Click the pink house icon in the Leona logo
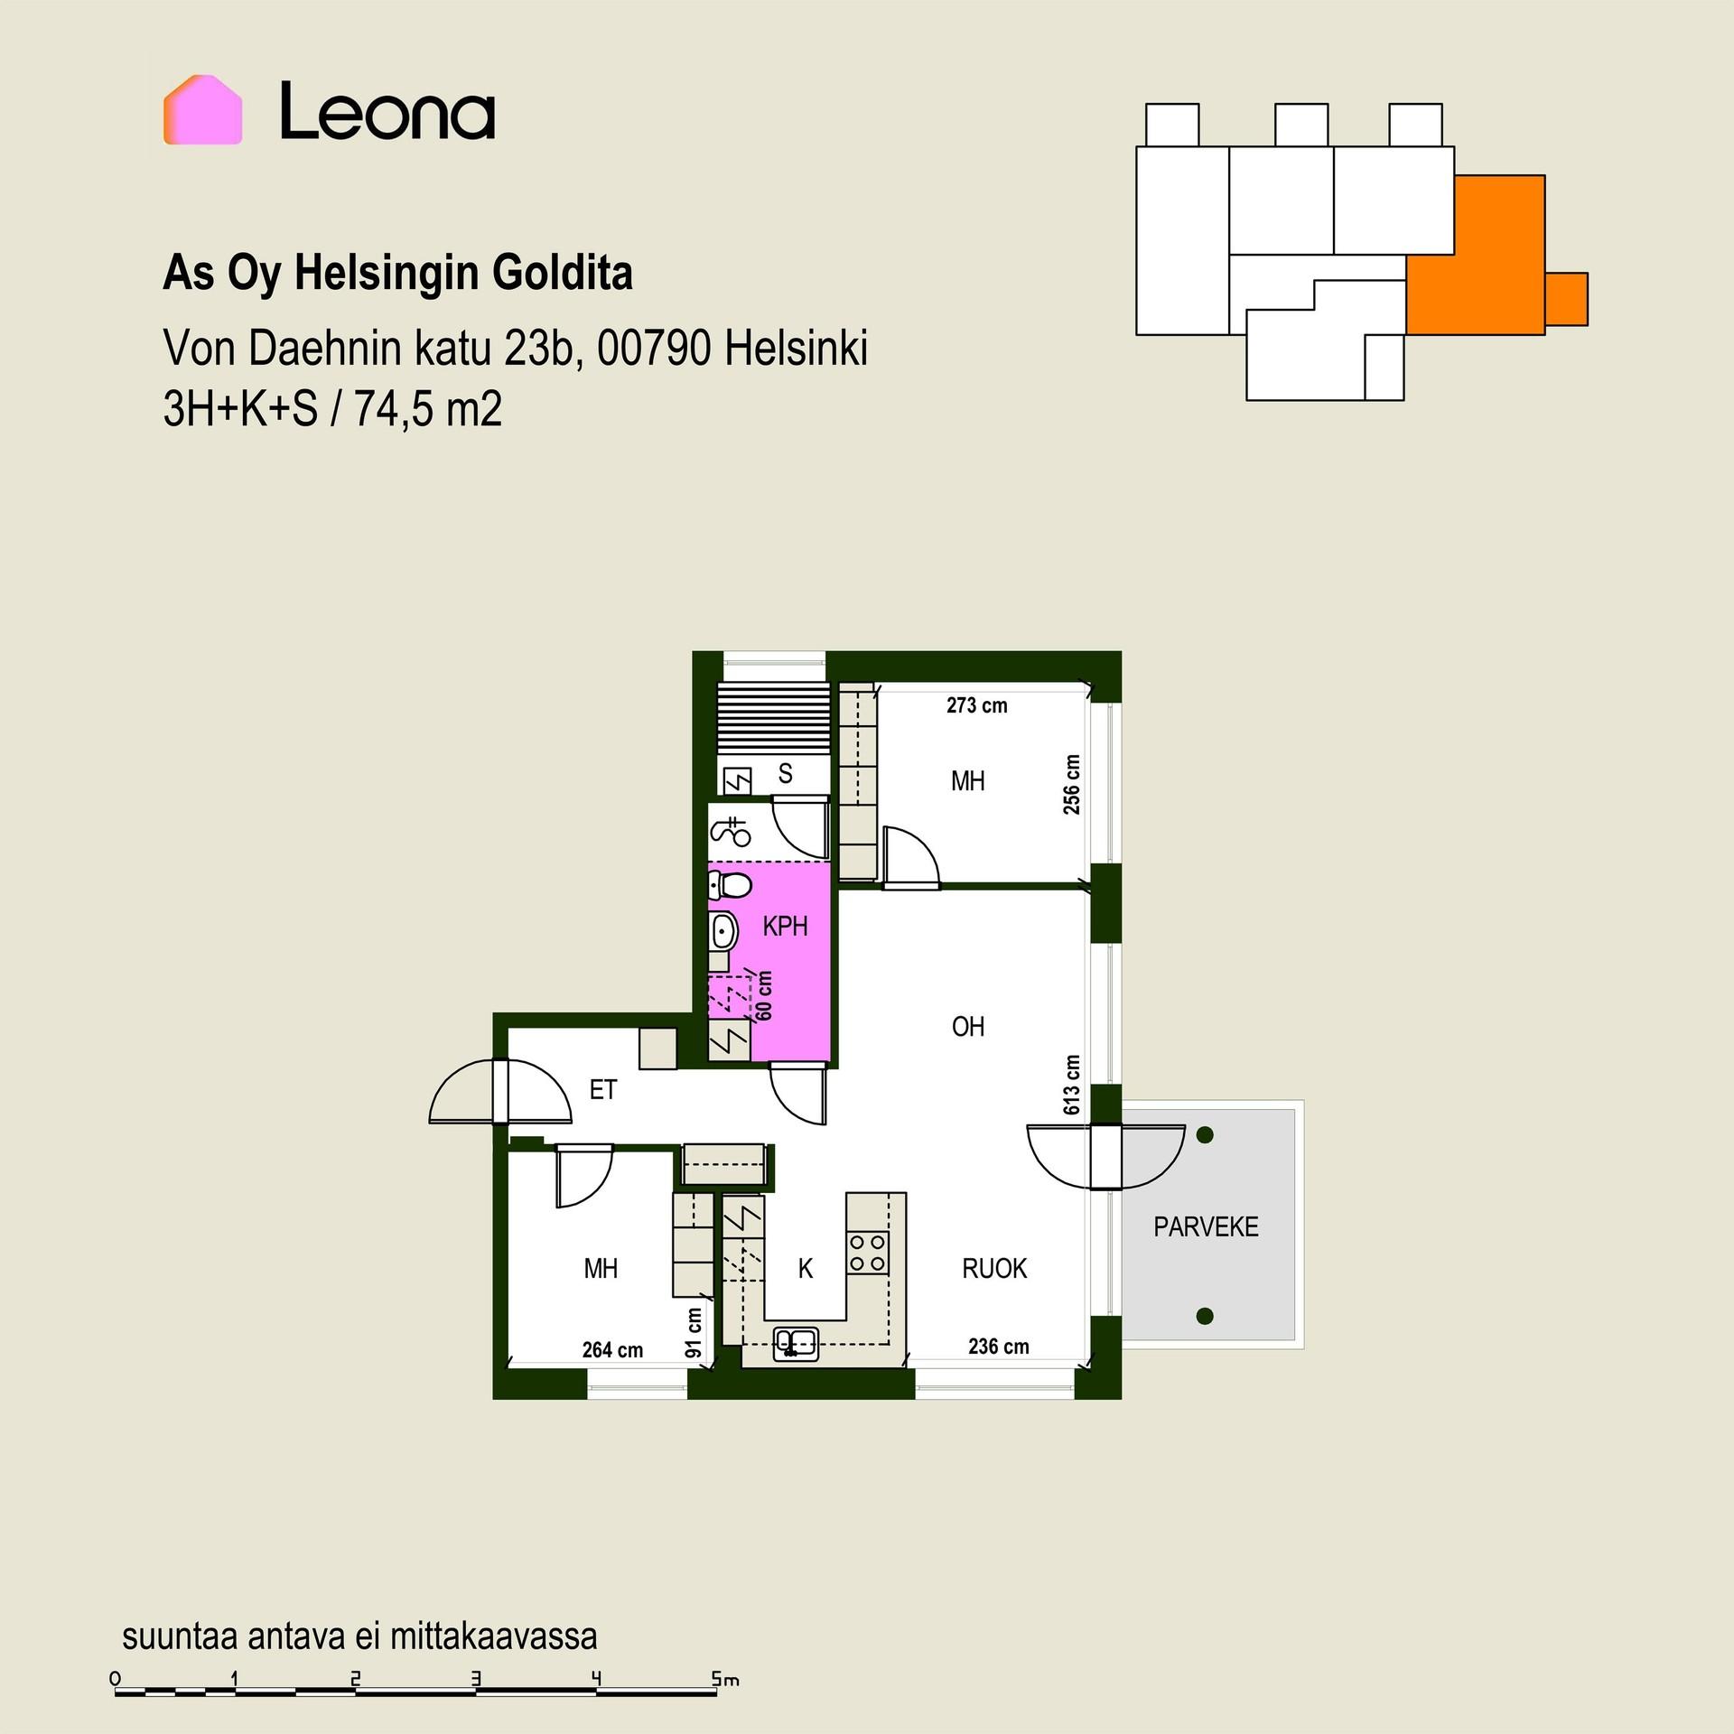[202, 110]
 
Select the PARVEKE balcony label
[1206, 1226]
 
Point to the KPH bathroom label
[785, 926]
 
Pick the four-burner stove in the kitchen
[867, 1253]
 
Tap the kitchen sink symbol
[796, 1343]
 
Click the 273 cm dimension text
[977, 705]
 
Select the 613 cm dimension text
[1072, 1085]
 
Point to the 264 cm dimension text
[612, 1350]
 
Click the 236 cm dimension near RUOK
[999, 1347]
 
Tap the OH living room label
[968, 1026]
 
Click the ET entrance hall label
[603, 1090]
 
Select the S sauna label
[786, 773]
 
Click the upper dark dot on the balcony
[1205, 1135]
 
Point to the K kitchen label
[806, 1269]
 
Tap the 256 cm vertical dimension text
[1072, 784]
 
